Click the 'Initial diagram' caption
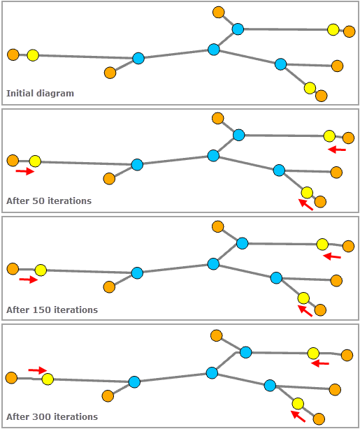click(40, 93)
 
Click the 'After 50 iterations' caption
click(49, 201)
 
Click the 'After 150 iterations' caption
click(52, 310)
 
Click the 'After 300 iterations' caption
click(52, 417)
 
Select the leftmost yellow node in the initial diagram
click(33, 55)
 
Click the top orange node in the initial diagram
click(219, 13)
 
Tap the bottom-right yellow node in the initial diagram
click(310, 88)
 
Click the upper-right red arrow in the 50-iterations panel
click(337, 149)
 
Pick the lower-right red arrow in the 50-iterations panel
click(305, 204)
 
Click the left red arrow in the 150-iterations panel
click(28, 280)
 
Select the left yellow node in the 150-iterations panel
click(41, 270)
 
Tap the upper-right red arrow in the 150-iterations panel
click(332, 256)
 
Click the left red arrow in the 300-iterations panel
click(37, 370)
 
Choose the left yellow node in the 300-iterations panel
click(48, 379)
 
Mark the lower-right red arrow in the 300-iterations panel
click(298, 416)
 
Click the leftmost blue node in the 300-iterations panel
click(134, 381)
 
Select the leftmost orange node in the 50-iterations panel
click(13, 161)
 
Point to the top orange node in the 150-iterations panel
click(218, 226)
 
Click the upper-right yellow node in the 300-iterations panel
click(313, 353)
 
